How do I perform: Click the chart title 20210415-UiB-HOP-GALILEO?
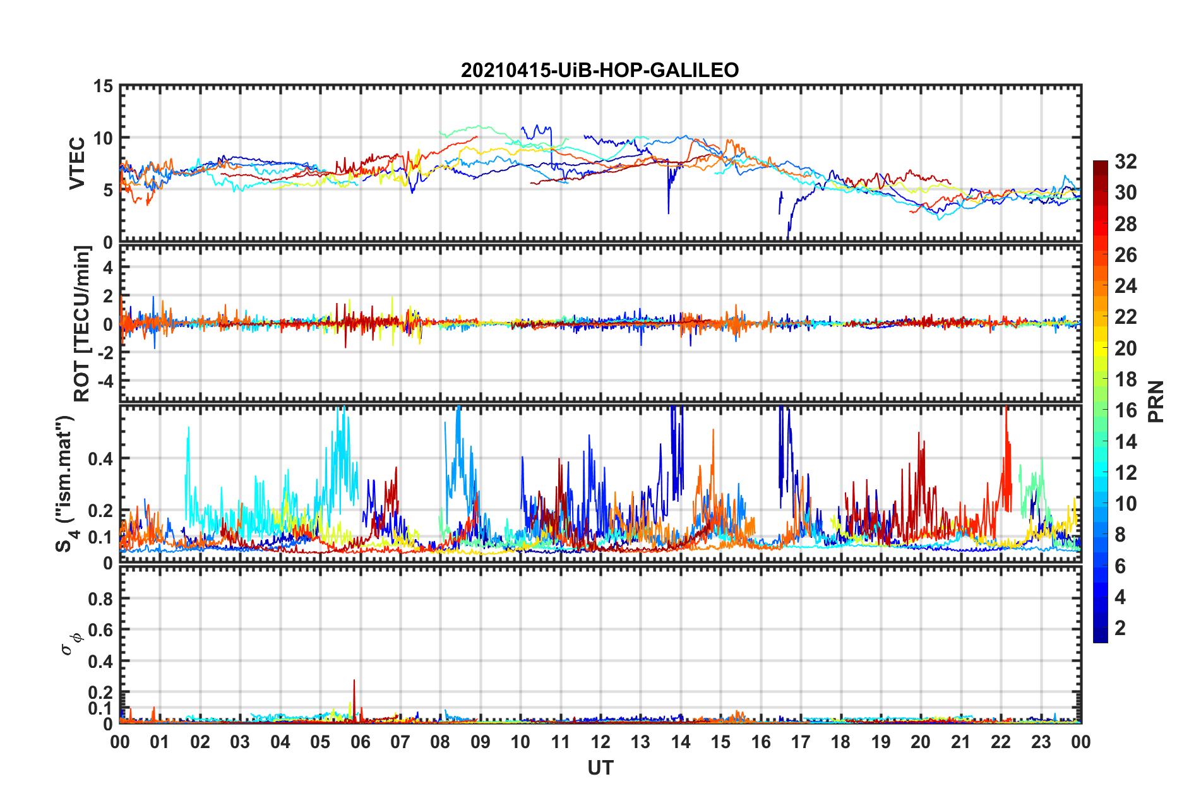click(x=600, y=70)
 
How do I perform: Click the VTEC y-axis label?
click(x=77, y=163)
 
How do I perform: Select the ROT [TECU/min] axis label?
click(x=82, y=324)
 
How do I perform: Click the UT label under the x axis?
click(x=600, y=768)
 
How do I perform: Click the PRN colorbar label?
click(x=1156, y=401)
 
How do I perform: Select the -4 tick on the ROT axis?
click(x=106, y=381)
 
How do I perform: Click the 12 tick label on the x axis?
click(x=600, y=742)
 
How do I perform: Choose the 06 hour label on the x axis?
click(x=360, y=742)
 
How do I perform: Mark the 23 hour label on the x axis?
click(x=1041, y=742)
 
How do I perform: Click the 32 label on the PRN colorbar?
click(x=1125, y=162)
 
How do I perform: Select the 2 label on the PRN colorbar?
click(x=1120, y=628)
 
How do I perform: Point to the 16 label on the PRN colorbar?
click(x=1125, y=410)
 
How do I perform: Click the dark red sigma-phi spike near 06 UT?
click(x=354, y=682)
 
